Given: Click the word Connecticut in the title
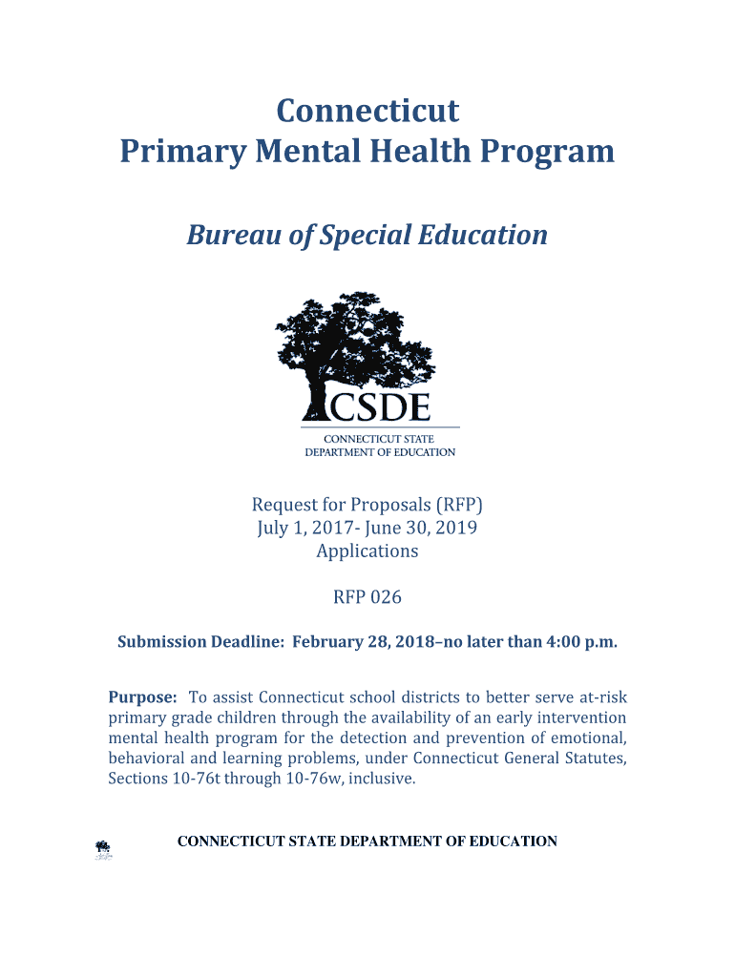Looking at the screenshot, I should point(367,112).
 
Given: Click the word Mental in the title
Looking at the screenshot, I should point(310,152).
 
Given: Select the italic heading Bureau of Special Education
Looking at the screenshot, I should point(367,235).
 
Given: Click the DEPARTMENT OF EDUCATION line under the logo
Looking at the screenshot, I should point(380,452).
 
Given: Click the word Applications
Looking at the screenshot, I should point(367,551).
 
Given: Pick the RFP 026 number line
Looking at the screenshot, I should point(367,597).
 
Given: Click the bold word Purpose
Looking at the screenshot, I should point(142,696).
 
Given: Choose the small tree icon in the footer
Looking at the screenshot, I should point(103,848).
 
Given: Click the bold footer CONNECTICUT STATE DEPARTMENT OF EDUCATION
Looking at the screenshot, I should point(367,842).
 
